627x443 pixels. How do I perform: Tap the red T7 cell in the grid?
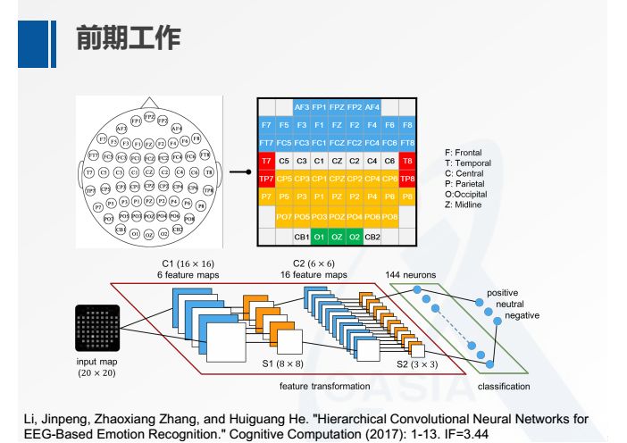click(x=266, y=161)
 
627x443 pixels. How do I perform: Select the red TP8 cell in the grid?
click(x=407, y=179)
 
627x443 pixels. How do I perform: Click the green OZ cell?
click(x=337, y=237)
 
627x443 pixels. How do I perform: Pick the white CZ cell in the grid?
click(x=337, y=161)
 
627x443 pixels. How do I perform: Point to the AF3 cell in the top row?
click(x=302, y=106)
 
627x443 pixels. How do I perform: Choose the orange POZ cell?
click(x=337, y=216)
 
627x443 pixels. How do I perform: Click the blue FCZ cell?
click(x=337, y=143)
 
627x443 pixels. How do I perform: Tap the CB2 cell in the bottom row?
click(x=372, y=237)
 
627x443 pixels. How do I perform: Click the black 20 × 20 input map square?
click(x=97, y=328)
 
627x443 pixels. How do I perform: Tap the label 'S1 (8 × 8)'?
click(x=280, y=364)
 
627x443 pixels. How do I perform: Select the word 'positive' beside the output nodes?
click(x=502, y=293)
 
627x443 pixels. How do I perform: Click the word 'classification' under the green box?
click(x=504, y=386)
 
